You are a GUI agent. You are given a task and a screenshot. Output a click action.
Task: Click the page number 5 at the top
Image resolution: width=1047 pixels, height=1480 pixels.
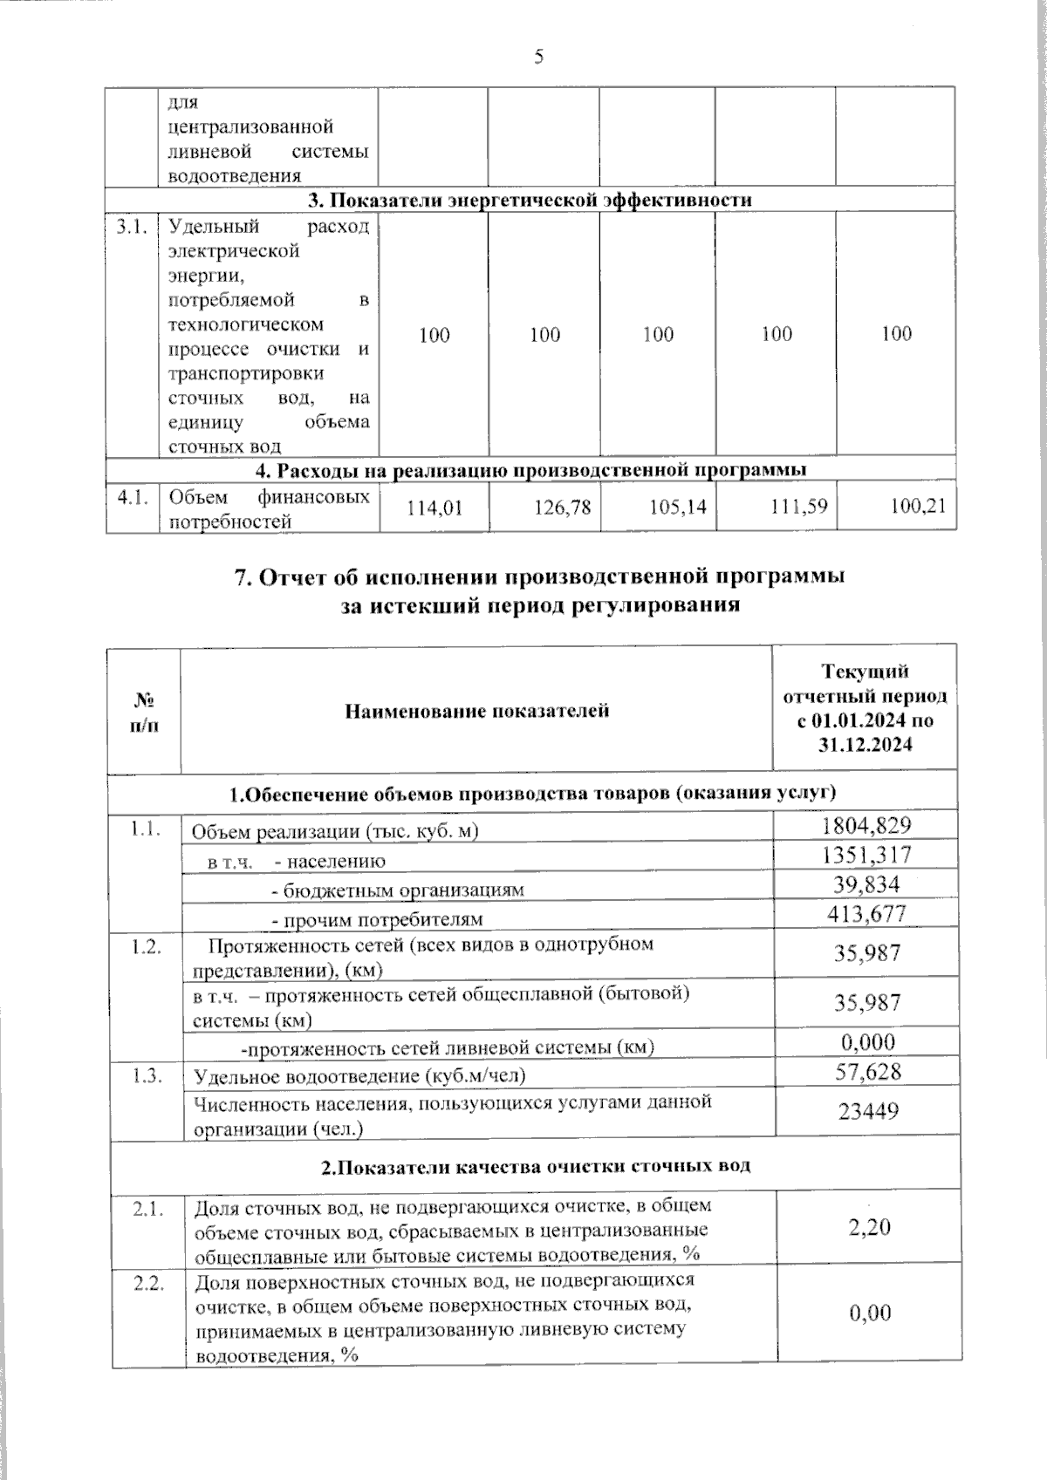tap(538, 58)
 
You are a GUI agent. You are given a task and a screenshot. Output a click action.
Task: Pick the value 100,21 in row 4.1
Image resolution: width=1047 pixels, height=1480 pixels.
tap(918, 505)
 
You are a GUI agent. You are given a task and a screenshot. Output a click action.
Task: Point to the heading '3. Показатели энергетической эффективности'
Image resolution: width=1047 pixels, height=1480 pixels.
tap(530, 200)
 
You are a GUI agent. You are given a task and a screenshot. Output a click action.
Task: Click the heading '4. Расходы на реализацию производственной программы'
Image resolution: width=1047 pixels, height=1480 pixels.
tap(530, 470)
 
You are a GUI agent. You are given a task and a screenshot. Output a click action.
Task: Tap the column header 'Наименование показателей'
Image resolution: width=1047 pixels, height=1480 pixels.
tap(476, 711)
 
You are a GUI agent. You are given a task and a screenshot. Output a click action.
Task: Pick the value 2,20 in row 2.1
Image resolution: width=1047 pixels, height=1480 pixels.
tap(869, 1227)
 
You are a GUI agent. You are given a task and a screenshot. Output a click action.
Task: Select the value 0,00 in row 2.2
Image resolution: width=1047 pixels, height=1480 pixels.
tap(870, 1313)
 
